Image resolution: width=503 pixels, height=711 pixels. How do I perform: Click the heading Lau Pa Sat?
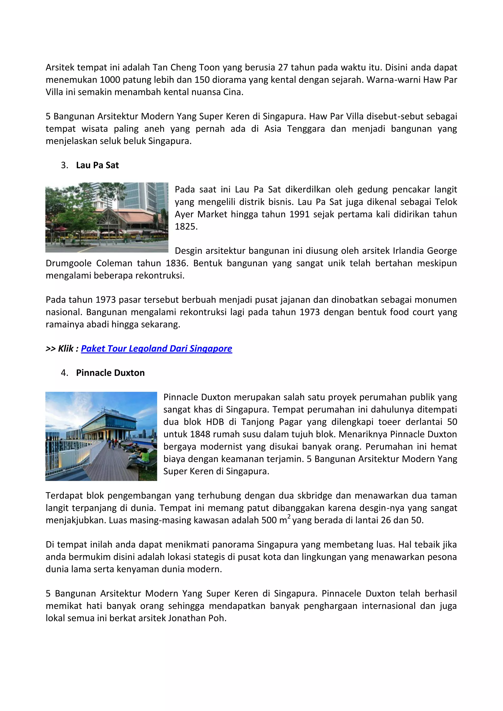(x=97, y=165)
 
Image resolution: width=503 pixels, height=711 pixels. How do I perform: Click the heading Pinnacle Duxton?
(x=110, y=373)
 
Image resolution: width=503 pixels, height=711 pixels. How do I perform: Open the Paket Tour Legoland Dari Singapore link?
(x=156, y=349)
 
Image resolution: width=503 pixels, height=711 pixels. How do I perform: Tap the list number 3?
(x=64, y=165)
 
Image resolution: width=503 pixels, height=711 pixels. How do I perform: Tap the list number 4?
(x=64, y=373)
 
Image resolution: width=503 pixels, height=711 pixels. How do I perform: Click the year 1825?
(x=186, y=227)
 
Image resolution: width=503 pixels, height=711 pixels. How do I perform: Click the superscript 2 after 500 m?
(x=289, y=517)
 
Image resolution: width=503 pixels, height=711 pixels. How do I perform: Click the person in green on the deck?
(x=144, y=455)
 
